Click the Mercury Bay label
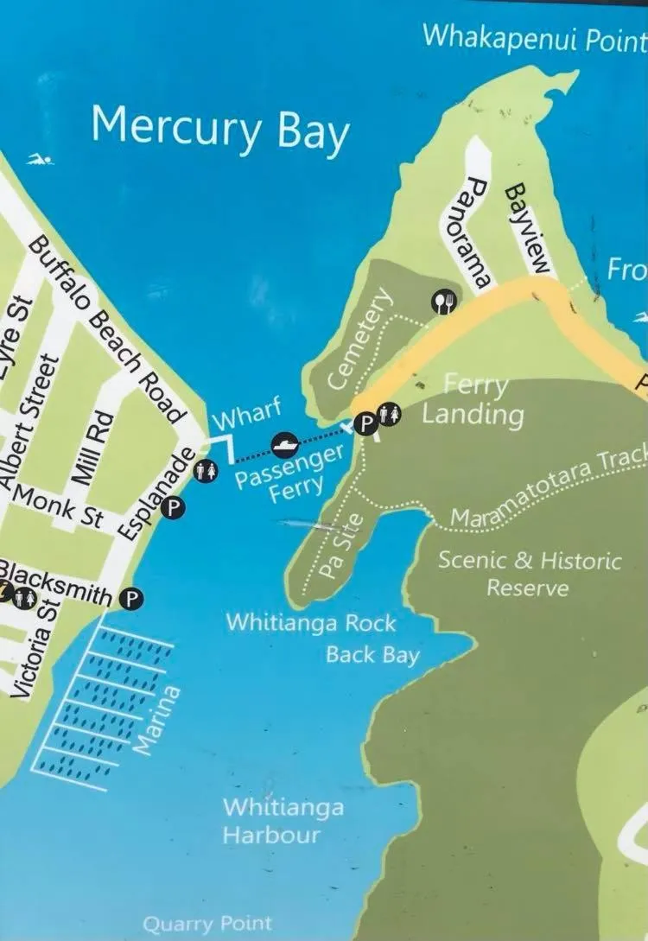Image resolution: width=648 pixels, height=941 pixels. click(219, 130)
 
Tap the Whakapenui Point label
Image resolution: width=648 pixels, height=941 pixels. click(534, 37)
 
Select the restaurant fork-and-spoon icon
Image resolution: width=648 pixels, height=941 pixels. click(443, 301)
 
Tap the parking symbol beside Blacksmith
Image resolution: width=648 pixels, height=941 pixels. click(132, 597)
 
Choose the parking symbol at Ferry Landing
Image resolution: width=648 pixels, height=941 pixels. click(367, 423)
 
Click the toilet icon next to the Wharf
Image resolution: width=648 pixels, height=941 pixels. click(206, 471)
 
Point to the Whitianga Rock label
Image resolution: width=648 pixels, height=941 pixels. click(310, 623)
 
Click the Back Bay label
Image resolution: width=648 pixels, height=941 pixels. click(372, 654)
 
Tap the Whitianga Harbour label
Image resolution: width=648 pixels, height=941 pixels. click(283, 821)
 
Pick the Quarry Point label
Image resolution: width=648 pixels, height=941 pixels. click(207, 925)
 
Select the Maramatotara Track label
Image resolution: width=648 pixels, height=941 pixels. click(549, 489)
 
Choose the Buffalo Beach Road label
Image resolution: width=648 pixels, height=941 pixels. click(109, 328)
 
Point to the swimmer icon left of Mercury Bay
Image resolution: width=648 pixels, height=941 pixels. click(40, 159)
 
